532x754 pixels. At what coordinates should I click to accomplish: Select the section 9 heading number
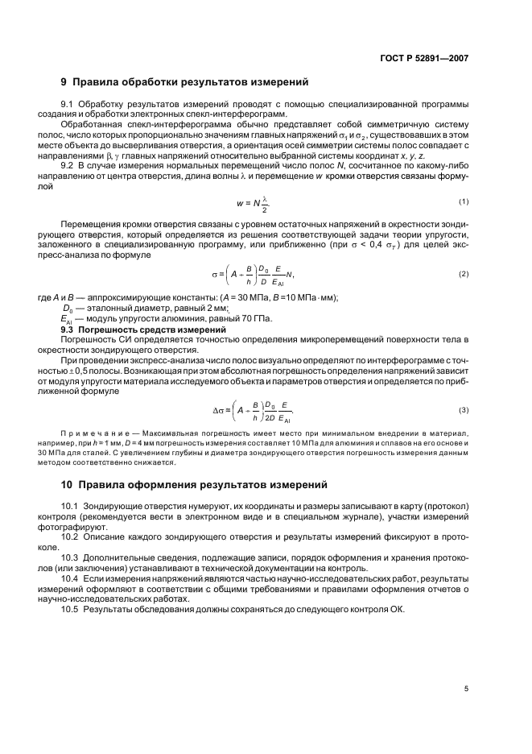click(x=64, y=82)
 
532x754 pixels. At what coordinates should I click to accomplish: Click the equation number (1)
click(x=464, y=223)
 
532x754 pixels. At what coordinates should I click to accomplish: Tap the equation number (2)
click(x=464, y=274)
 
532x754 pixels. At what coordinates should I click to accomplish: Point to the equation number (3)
click(x=464, y=411)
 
